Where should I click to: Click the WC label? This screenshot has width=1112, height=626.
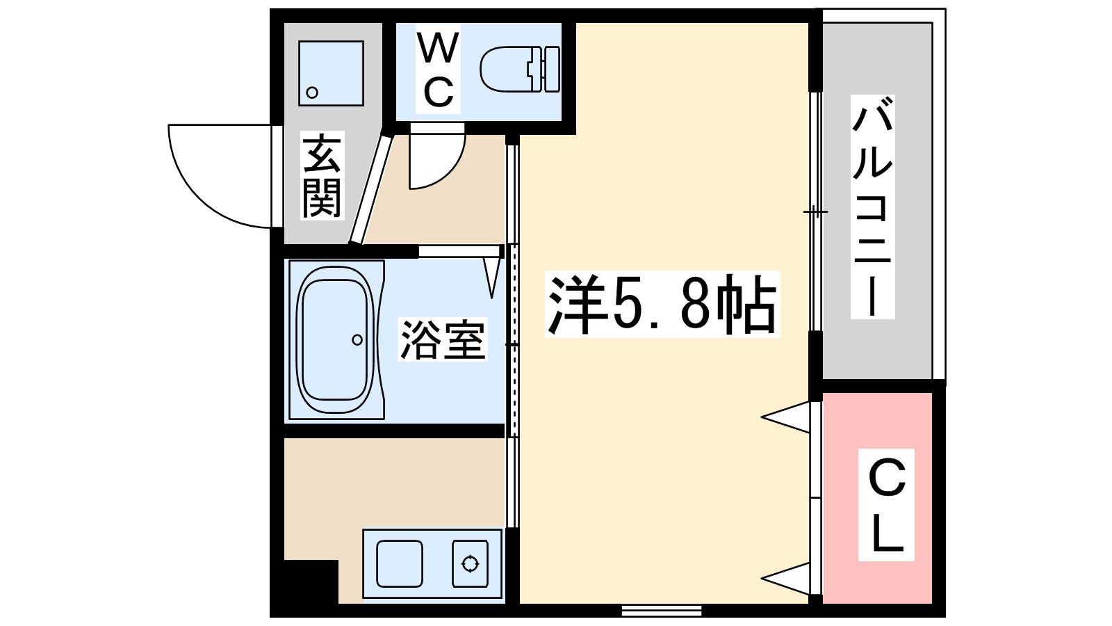438,70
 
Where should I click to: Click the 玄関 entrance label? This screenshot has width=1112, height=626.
322,177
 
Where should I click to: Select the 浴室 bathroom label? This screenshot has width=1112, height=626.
443,340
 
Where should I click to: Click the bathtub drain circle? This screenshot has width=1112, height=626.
357,340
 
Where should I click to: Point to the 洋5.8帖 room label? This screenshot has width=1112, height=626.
662,305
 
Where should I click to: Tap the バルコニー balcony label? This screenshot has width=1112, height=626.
872,207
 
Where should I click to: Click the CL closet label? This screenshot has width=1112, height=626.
886,505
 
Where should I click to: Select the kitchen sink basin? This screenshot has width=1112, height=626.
400,563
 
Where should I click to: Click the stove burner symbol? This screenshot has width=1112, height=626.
470,563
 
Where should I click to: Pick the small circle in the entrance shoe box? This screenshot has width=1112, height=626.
312,93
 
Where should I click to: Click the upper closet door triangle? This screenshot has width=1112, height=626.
789,417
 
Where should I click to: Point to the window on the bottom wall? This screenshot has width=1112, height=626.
661,611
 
